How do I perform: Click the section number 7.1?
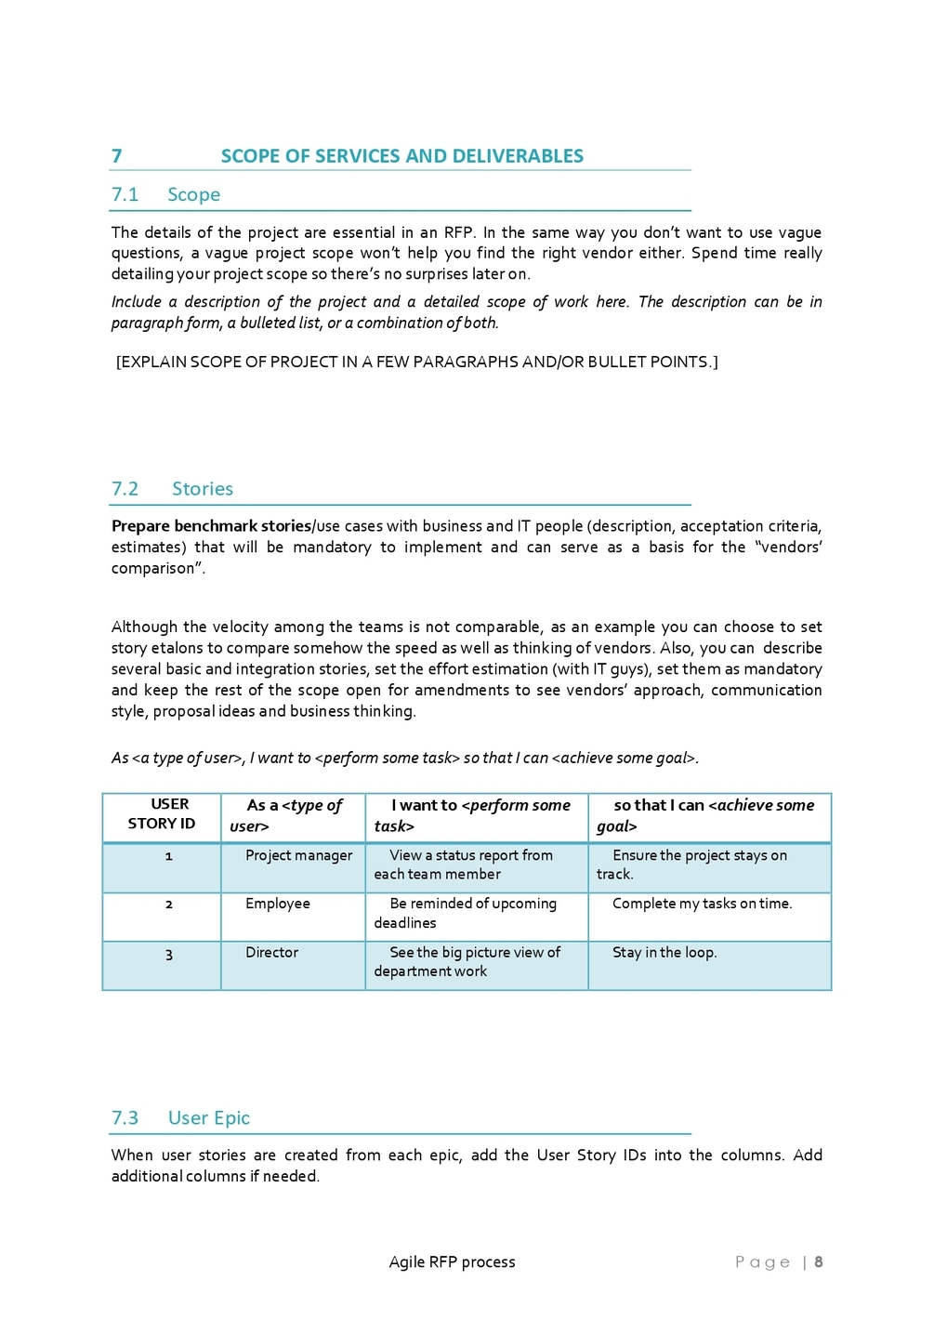125,194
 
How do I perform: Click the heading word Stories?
202,489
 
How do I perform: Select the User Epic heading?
208,1118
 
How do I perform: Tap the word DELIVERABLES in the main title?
504,156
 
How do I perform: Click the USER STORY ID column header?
162,814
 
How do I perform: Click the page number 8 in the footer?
819,1262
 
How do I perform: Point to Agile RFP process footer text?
452,1262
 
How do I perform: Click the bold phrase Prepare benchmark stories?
211,526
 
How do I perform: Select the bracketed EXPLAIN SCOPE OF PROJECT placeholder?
416,362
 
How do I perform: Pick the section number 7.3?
125,1118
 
